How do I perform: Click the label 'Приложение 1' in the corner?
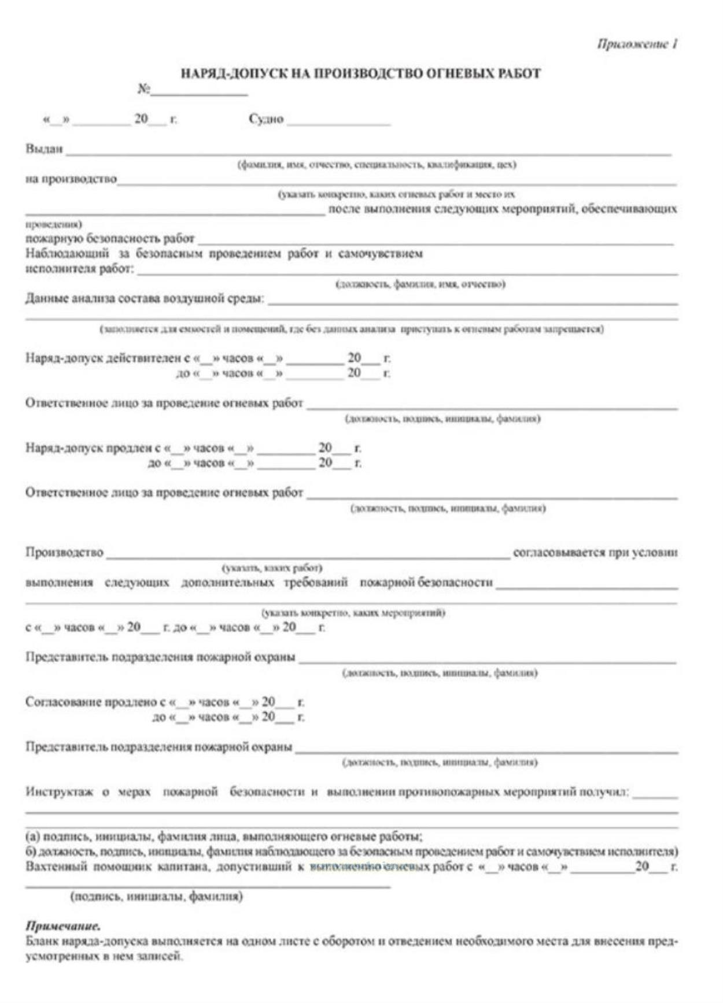click(637, 44)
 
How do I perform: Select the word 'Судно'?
click(266, 119)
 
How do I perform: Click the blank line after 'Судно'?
click(338, 123)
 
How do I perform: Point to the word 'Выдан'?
click(44, 149)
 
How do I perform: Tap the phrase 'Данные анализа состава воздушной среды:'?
click(145, 299)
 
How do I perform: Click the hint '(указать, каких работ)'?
click(272, 568)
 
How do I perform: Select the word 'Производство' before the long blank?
click(64, 553)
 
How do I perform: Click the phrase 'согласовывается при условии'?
click(595, 553)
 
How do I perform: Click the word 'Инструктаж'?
click(59, 792)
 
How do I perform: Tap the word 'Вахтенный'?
click(57, 867)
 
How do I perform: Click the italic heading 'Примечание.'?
click(63, 926)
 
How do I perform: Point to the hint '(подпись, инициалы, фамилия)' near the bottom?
click(156, 897)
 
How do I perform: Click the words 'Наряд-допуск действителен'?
click(104, 358)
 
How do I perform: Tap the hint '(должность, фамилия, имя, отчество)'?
click(420, 284)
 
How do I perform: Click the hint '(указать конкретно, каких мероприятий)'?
click(353, 612)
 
